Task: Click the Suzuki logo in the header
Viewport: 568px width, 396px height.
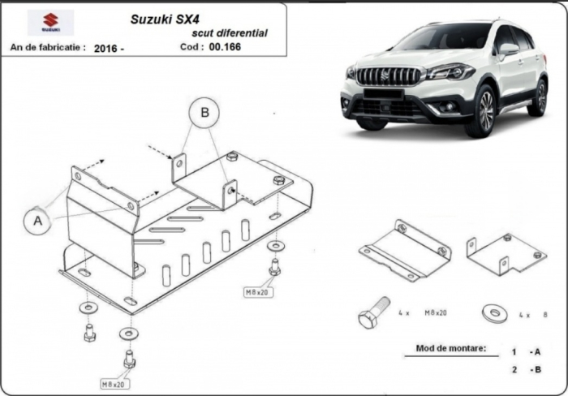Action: [x=50, y=23]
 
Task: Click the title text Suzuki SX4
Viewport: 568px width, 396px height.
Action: [x=165, y=19]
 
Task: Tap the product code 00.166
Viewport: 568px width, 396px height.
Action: [x=225, y=47]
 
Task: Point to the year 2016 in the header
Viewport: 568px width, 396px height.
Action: [x=105, y=48]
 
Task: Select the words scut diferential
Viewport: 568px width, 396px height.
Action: [x=230, y=33]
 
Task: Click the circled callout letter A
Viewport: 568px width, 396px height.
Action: [x=38, y=221]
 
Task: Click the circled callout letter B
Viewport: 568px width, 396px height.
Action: [x=204, y=112]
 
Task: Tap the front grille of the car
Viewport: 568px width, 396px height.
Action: [x=389, y=75]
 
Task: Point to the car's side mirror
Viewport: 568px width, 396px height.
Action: [x=509, y=49]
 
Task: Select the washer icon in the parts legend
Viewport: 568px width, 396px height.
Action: [x=494, y=313]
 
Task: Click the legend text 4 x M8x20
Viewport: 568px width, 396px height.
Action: [x=423, y=312]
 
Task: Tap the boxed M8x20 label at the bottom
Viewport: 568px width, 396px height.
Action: [x=114, y=384]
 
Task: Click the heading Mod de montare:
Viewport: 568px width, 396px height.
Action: [x=451, y=349]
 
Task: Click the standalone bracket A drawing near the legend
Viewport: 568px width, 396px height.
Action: [x=406, y=250]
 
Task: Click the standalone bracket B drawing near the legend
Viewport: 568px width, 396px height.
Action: [x=507, y=254]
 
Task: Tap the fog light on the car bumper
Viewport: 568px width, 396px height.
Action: [x=450, y=106]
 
